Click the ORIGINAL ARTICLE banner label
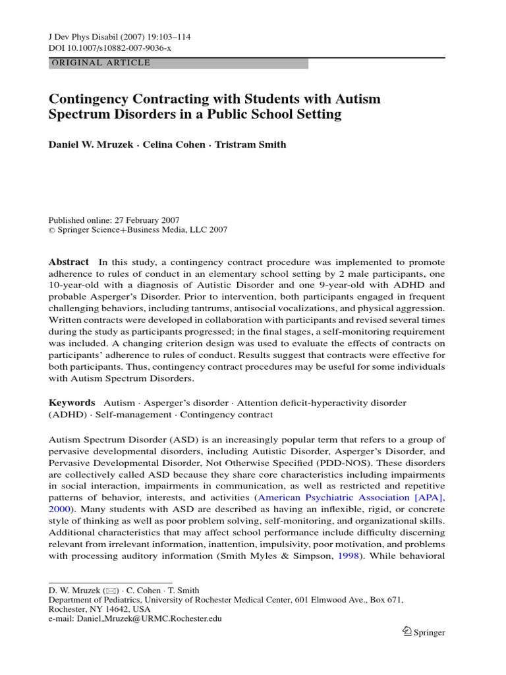(x=101, y=63)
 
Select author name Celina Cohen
(x=180, y=144)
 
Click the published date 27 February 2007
(x=142, y=220)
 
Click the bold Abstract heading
(x=69, y=262)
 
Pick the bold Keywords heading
(x=72, y=403)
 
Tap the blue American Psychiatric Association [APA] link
(x=351, y=498)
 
